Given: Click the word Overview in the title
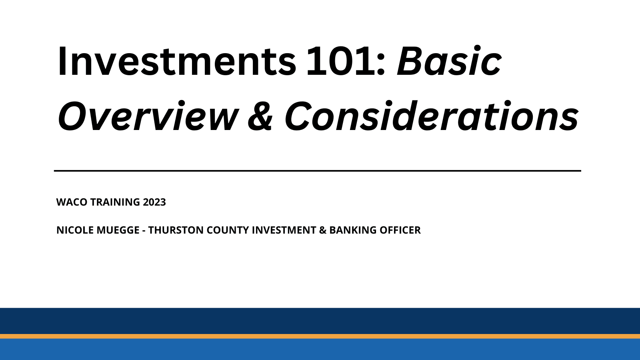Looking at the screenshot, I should click(x=148, y=116).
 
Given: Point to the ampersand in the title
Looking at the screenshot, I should click(x=260, y=116).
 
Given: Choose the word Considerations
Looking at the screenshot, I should click(x=431, y=116).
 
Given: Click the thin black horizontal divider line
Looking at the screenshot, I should click(x=317, y=171).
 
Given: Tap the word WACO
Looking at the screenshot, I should click(x=72, y=202).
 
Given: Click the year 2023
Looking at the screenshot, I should click(x=154, y=202).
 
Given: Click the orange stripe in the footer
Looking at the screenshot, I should click(x=320, y=336).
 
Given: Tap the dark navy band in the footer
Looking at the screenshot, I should click(x=320, y=320).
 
